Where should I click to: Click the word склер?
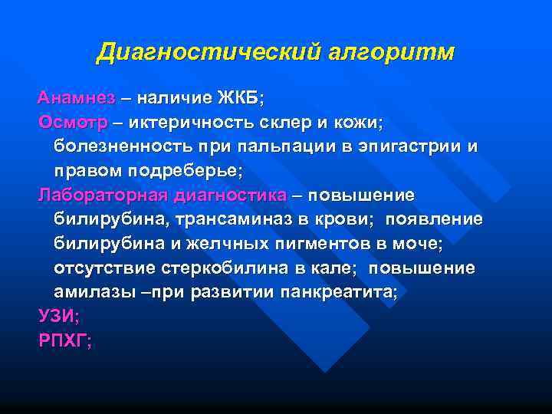click(x=283, y=123)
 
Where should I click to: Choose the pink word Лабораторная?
click(x=104, y=195)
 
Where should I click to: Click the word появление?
click(x=434, y=220)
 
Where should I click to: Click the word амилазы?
click(x=87, y=293)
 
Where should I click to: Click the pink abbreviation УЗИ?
click(x=58, y=317)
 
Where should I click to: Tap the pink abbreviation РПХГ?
click(x=64, y=341)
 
